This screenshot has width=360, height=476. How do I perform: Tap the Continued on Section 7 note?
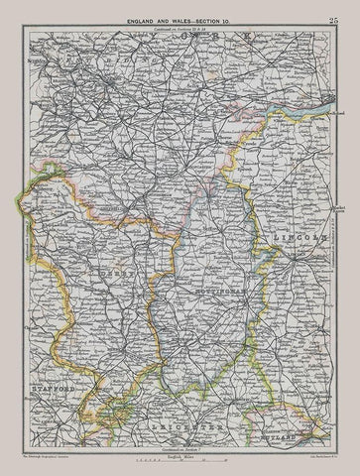tap(179, 452)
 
